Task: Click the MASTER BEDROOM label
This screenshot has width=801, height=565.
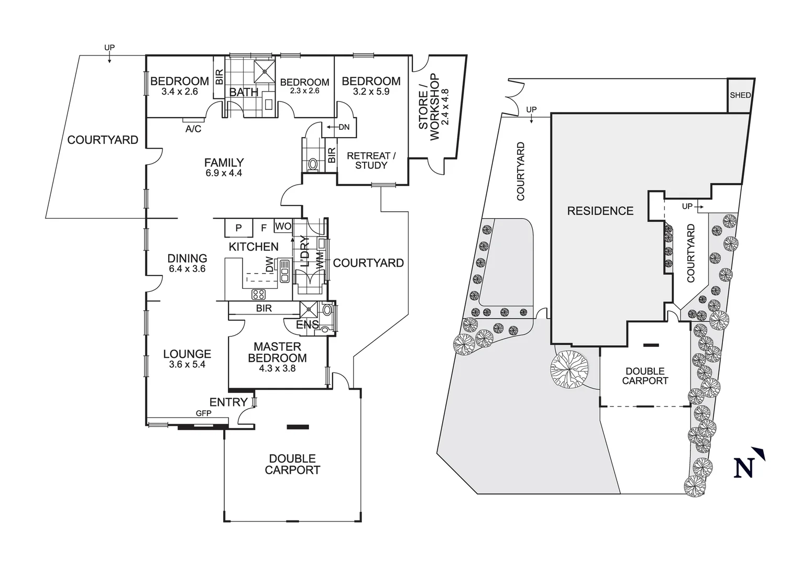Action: coord(277,352)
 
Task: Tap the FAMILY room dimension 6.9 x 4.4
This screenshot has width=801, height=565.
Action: coord(224,173)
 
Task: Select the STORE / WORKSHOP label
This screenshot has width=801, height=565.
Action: coord(434,107)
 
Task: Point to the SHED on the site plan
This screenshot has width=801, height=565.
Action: coord(740,95)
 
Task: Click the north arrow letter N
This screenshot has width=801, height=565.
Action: coord(744,468)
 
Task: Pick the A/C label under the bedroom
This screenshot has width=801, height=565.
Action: coord(193,129)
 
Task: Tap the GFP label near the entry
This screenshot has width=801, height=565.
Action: coord(203,413)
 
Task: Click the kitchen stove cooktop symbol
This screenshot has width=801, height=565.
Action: coord(259,293)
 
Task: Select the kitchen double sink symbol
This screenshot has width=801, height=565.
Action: coord(284,270)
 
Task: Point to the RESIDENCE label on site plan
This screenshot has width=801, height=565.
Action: coord(600,211)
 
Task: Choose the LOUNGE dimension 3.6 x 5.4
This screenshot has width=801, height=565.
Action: coord(187,365)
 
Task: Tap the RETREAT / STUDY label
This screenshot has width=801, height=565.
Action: coord(371,161)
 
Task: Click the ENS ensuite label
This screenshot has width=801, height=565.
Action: coord(307,325)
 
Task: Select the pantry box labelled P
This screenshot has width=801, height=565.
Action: coord(238,228)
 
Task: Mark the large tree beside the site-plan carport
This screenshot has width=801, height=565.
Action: coord(569,369)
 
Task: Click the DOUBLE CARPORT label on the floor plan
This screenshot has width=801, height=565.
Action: coord(292,464)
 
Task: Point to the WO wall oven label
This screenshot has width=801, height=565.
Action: coord(283,227)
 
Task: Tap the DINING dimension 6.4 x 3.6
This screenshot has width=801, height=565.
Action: coord(187,269)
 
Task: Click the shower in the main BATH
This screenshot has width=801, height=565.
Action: coord(265,72)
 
